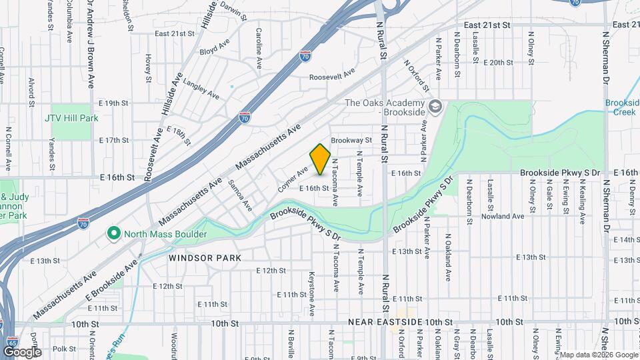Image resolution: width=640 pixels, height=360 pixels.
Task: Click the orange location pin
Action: coord(321,160)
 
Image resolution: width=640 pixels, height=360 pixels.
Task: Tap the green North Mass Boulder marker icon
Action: coord(113,233)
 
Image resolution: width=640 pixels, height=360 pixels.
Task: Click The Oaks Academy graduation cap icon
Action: coord(435,107)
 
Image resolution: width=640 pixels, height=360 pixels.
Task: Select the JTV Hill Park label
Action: coord(71,118)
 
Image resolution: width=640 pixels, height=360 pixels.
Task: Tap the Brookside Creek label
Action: coord(622,107)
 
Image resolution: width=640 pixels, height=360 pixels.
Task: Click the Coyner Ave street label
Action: coord(293,179)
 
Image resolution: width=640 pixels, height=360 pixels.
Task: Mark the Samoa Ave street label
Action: coord(241,195)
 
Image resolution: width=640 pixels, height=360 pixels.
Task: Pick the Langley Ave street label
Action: coord(201,91)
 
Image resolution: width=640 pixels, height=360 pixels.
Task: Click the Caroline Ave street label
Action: coord(259,48)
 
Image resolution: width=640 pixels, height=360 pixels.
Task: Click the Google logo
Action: coord(22,352)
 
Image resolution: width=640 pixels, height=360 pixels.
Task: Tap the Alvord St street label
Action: coord(31,93)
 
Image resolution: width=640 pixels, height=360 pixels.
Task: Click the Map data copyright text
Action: coord(598,355)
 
